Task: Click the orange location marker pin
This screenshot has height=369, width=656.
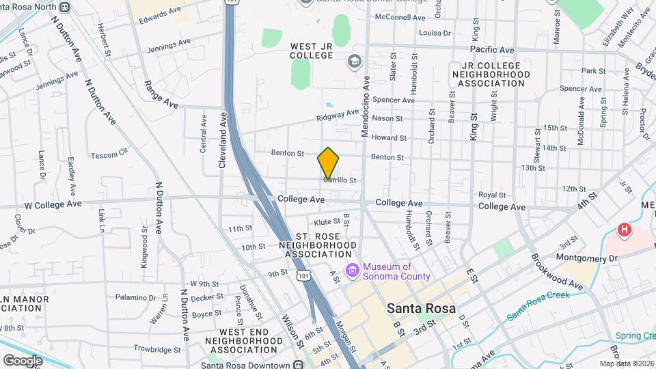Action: click(x=329, y=163)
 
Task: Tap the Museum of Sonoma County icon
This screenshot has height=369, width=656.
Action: click(x=352, y=271)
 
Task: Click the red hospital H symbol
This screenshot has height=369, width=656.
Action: click(x=624, y=230)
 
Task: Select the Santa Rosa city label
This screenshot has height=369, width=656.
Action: click(x=421, y=307)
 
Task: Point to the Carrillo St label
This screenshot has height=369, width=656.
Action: click(x=340, y=180)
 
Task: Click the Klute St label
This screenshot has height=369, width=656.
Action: click(x=327, y=222)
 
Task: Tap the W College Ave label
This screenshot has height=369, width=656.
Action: click(x=53, y=204)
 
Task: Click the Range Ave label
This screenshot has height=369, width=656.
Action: click(x=161, y=94)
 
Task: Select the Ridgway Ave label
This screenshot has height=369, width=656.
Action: click(x=338, y=115)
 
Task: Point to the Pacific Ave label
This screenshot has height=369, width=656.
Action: click(x=492, y=50)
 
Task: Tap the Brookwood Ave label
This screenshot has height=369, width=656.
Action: click(x=558, y=273)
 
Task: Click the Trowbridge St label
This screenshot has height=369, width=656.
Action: click(x=156, y=349)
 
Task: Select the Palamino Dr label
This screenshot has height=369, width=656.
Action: click(x=136, y=298)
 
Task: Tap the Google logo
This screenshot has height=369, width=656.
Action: click(x=23, y=360)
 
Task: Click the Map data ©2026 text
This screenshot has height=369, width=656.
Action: click(x=626, y=364)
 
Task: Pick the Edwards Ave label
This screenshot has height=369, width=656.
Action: click(x=160, y=12)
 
